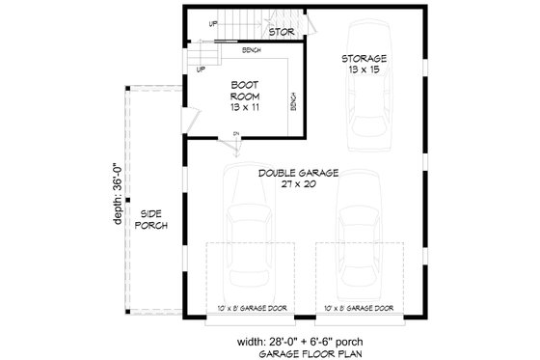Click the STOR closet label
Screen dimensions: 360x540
[x=281, y=32]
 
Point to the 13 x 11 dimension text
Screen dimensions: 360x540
[x=244, y=107]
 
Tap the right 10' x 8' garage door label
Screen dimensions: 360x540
[x=359, y=308]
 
